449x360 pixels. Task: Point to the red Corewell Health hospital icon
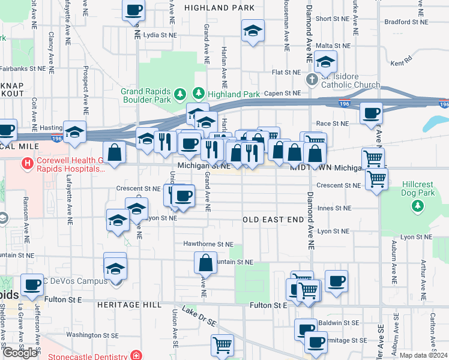(27, 163)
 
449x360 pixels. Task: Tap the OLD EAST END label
(274, 220)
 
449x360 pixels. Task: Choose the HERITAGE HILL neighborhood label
(129, 305)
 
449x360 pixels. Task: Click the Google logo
(20, 353)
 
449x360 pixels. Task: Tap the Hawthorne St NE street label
(208, 244)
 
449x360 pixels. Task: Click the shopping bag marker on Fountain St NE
(205, 263)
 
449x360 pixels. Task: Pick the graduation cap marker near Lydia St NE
(253, 31)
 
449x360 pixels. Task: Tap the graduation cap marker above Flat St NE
(325, 61)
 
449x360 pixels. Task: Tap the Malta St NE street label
(333, 46)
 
